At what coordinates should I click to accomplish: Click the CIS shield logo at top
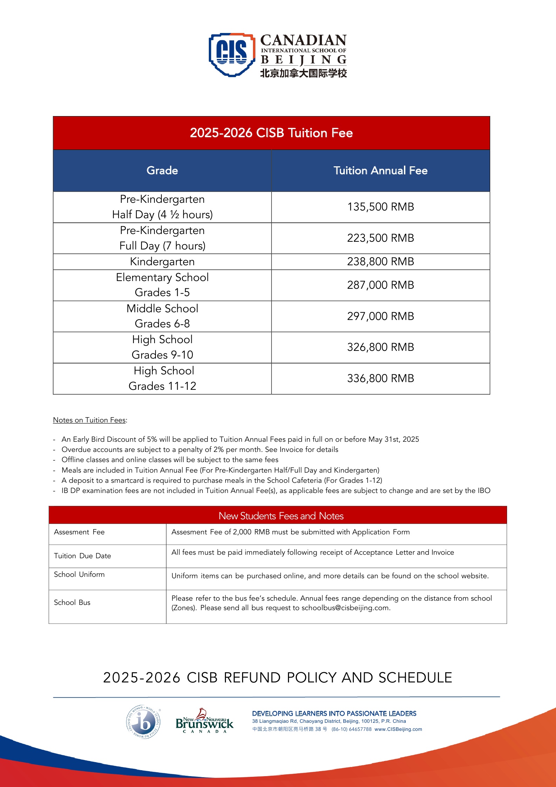point(232,54)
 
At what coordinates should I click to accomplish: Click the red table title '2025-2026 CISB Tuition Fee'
point(271,133)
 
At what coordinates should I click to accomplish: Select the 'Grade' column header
point(162,171)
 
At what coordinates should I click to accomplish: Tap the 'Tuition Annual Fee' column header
point(380,171)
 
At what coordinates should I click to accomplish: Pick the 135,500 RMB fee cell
point(380,207)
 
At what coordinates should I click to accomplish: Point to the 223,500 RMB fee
point(380,238)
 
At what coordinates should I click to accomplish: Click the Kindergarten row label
point(162,262)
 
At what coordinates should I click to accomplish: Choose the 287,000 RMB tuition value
point(380,285)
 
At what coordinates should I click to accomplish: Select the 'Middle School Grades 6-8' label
point(162,316)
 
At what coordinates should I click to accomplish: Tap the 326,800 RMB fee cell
point(380,347)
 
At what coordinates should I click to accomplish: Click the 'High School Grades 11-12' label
point(162,379)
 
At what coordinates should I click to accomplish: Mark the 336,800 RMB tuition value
point(380,379)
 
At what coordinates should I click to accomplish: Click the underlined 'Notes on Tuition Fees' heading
point(90,420)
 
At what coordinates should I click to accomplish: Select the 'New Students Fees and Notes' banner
point(281,516)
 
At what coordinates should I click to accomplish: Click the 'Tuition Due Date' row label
point(82,556)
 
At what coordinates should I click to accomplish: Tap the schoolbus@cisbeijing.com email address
point(345,608)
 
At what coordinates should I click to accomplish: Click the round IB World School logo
point(143,722)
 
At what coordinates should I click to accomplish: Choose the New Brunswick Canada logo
point(204,721)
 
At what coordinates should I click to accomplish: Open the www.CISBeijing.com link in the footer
point(398,729)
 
